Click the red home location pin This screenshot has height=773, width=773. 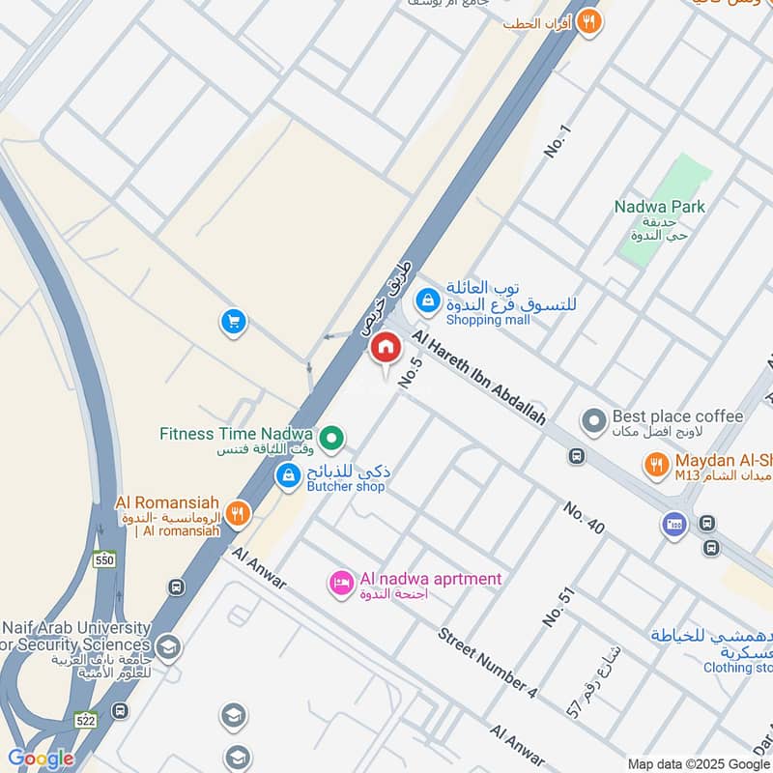pyautogui.click(x=386, y=349)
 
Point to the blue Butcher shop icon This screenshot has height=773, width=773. pyautogui.click(x=288, y=476)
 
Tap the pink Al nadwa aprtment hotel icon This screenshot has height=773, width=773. pyautogui.click(x=340, y=583)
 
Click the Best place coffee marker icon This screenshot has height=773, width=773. pyautogui.click(x=592, y=421)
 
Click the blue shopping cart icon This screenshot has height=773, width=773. pyautogui.click(x=232, y=322)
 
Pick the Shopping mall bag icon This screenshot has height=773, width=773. pyautogui.click(x=426, y=302)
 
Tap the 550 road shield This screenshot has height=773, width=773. pyautogui.click(x=103, y=559)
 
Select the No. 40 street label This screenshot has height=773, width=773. pyautogui.click(x=585, y=519)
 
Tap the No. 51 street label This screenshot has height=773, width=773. pyautogui.click(x=558, y=605)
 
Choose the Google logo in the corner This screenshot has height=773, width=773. pyautogui.click(x=40, y=759)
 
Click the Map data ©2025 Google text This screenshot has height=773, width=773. pyautogui.click(x=698, y=763)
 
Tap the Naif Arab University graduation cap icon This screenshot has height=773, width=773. pyautogui.click(x=168, y=646)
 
